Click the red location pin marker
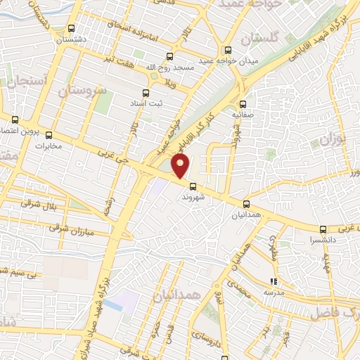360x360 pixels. tap(181, 166)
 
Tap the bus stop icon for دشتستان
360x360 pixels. tap(71, 29)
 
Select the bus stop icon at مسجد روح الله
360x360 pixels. tap(168, 56)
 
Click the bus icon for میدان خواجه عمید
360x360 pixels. tap(227, 50)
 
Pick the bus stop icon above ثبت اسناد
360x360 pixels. tap(146, 93)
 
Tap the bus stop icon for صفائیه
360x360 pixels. tap(243, 102)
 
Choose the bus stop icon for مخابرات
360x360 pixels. tap(49, 135)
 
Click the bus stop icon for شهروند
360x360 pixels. tap(193, 186)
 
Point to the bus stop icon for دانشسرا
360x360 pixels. tap(323, 229)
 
